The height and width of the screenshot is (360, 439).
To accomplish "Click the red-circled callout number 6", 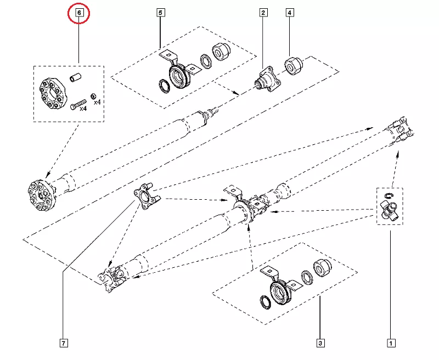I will tap(78, 12).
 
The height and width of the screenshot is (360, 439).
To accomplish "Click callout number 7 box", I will tap(64, 344).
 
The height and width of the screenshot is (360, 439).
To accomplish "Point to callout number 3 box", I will tap(320, 344).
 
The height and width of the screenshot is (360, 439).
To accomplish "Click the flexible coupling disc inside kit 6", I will tap(50, 92).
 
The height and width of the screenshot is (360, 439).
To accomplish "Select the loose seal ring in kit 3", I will tap(264, 301).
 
